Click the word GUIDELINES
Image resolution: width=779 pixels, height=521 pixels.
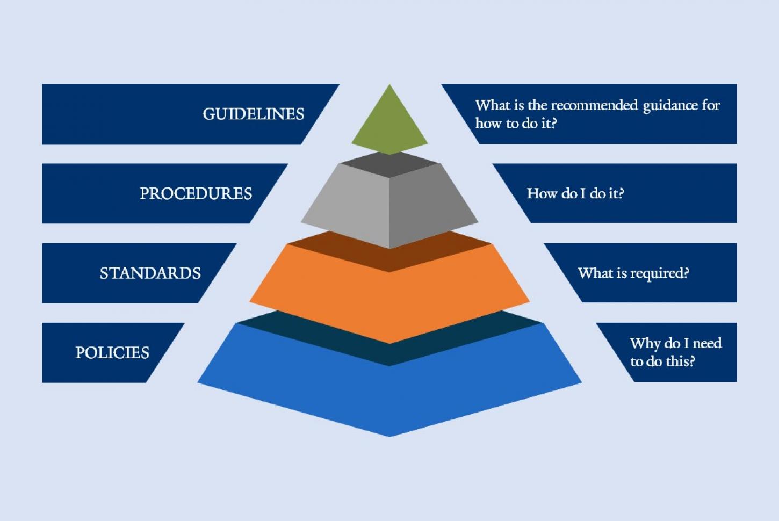click(x=253, y=114)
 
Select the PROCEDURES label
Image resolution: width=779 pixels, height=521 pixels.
click(x=196, y=193)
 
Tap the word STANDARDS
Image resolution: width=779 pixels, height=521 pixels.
click(x=150, y=273)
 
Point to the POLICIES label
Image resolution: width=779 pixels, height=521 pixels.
click(x=112, y=352)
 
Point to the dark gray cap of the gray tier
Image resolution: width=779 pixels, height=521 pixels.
click(x=390, y=164)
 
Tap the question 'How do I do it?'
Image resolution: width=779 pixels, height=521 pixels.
click(x=575, y=193)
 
